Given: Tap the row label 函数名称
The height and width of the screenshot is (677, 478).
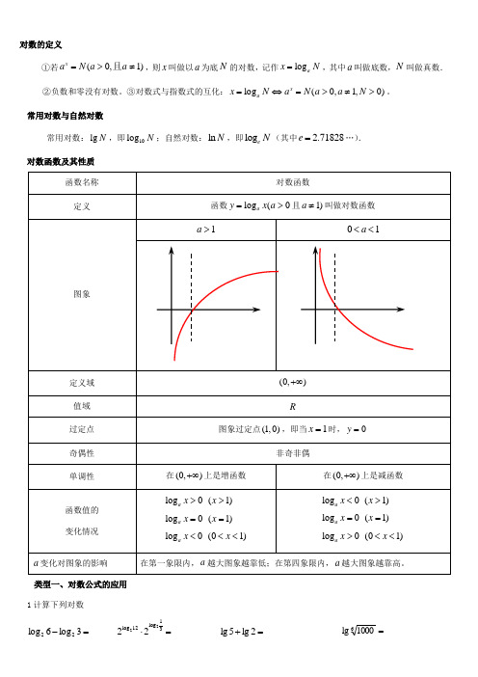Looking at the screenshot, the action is [82, 181].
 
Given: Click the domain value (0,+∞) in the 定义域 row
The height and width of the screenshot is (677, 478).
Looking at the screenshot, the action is [292, 383].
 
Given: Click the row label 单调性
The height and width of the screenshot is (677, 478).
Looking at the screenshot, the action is [82, 475].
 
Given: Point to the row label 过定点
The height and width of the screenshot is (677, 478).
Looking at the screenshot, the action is [82, 430].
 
